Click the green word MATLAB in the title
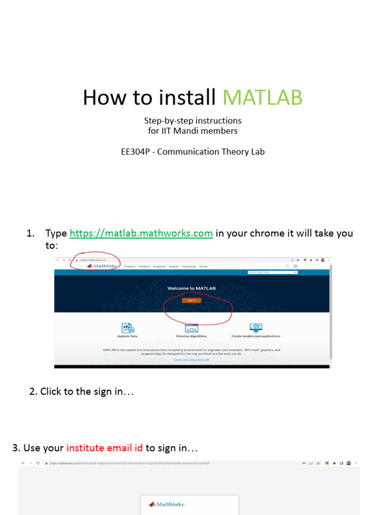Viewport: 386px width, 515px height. [262, 98]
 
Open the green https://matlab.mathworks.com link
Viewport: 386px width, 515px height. [141, 233]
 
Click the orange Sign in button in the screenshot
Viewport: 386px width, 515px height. [191, 300]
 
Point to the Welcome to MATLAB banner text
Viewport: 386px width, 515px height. [191, 288]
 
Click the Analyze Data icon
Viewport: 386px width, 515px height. [127, 328]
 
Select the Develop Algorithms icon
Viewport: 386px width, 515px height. [191, 328]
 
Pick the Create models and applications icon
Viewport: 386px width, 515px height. [256, 328]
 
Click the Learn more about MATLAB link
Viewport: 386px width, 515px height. [191, 360]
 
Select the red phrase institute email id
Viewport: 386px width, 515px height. [105, 448]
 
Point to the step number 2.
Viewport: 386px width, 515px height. [33, 391]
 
